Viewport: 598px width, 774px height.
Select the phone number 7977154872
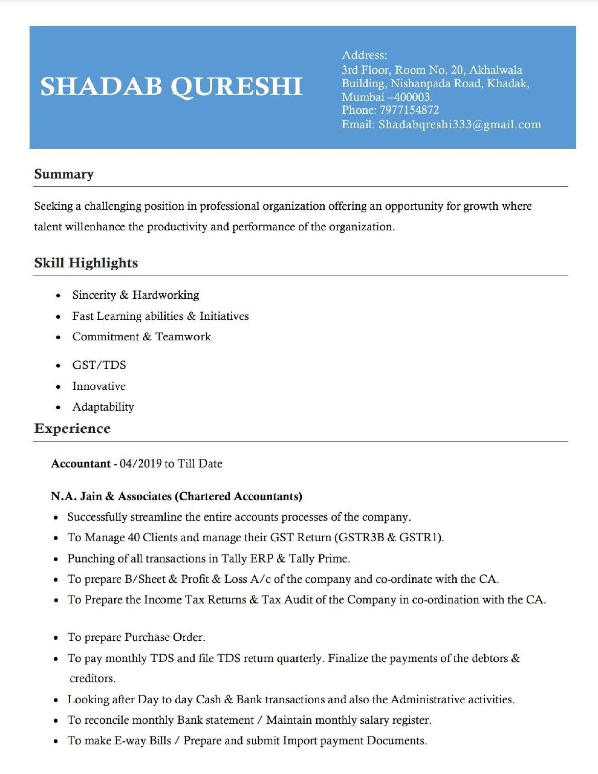click(409, 110)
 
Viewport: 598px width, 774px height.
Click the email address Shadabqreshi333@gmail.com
click(460, 124)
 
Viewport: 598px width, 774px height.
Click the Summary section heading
click(64, 174)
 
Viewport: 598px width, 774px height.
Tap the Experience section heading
click(72, 429)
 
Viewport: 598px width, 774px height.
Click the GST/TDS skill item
click(99, 365)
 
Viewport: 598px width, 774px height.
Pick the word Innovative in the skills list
click(99, 386)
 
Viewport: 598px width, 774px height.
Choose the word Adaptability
click(103, 406)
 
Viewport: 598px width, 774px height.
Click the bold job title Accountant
click(80, 463)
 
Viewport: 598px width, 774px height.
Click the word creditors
click(93, 678)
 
